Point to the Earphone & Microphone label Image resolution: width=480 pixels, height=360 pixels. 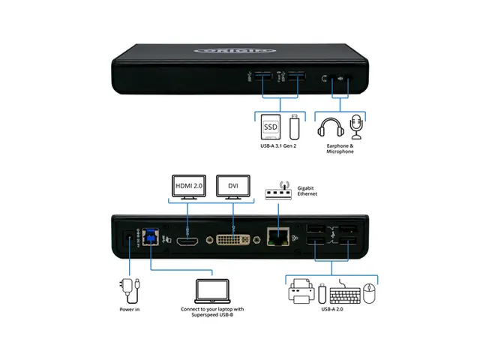(340, 148)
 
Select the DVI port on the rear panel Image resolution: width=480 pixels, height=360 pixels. (232, 240)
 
